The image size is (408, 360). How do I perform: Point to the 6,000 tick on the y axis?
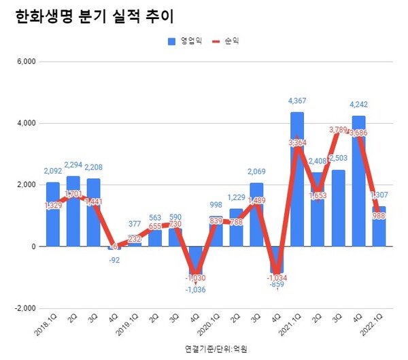(25, 62)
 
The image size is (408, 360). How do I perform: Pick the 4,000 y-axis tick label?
(25, 123)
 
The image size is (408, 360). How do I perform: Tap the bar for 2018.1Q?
(52, 214)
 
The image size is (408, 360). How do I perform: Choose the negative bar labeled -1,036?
(196, 261)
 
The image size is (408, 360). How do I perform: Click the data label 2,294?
(73, 164)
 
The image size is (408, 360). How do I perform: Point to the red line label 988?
(379, 216)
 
